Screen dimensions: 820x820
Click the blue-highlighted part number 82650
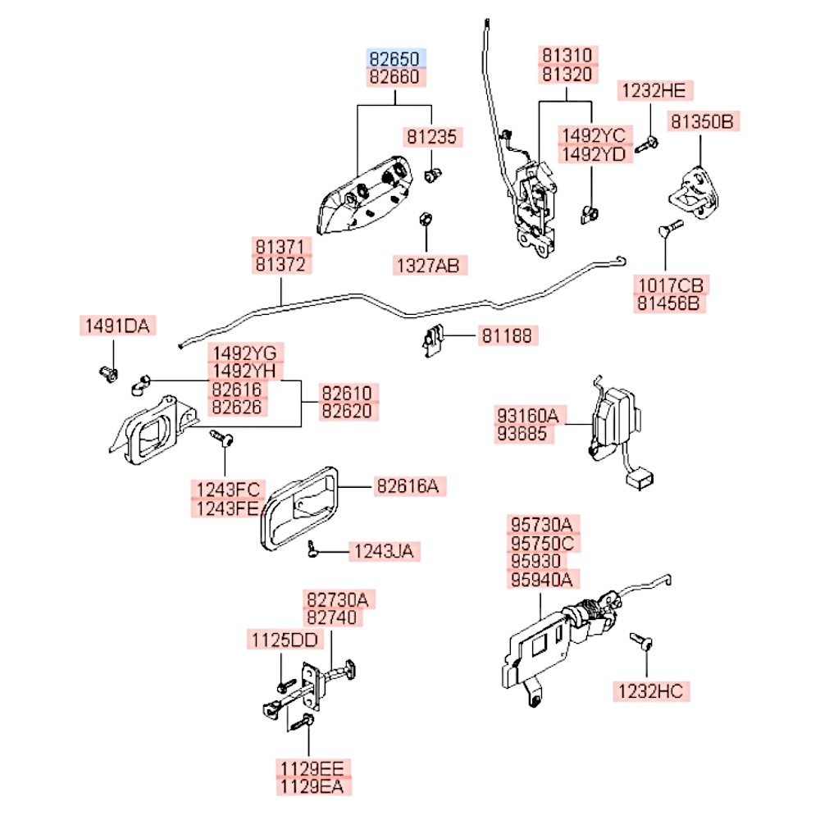pyautogui.click(x=394, y=58)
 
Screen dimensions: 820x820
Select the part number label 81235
pyautogui.click(x=432, y=137)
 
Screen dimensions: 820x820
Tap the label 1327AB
pyautogui.click(x=429, y=266)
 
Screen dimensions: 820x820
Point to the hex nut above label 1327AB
pyautogui.click(x=426, y=219)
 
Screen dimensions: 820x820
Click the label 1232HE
pyautogui.click(x=654, y=90)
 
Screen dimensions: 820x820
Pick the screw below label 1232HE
pyautogui.click(x=646, y=145)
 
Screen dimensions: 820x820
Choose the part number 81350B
pyautogui.click(x=703, y=121)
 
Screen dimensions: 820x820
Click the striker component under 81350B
pyautogui.click(x=694, y=193)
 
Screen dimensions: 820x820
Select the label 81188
pyautogui.click(x=507, y=335)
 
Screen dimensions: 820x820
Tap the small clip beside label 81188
pyautogui.click(x=432, y=341)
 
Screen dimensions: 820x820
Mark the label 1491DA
pyautogui.click(x=117, y=326)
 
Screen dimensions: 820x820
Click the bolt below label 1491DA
pyautogui.click(x=109, y=373)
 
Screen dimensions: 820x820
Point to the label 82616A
pyautogui.click(x=408, y=486)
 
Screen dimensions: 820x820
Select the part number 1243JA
pyautogui.click(x=385, y=551)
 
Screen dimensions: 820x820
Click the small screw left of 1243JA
pyautogui.click(x=312, y=549)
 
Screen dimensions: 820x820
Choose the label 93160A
pyautogui.click(x=528, y=416)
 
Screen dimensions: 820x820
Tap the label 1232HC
pyautogui.click(x=651, y=691)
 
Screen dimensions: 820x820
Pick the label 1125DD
pyautogui.click(x=285, y=640)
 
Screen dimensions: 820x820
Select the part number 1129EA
pyautogui.click(x=312, y=786)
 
